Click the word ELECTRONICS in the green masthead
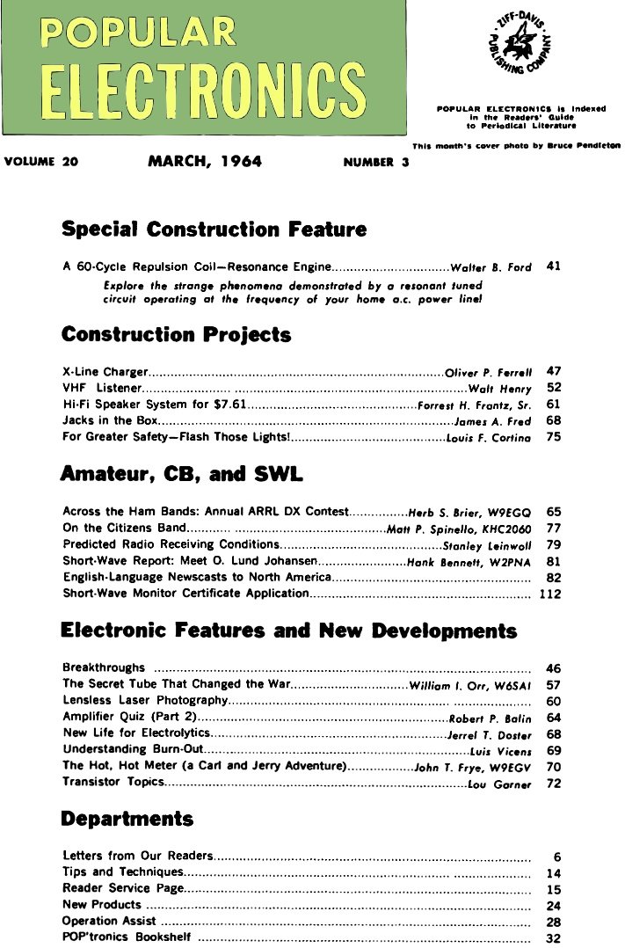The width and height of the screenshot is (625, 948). coord(204,92)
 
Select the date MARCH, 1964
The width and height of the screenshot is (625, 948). coord(205,161)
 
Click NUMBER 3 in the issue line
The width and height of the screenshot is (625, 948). coord(376,162)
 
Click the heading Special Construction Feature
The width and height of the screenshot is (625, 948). coord(214,230)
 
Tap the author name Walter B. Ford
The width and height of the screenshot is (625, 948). coord(491,267)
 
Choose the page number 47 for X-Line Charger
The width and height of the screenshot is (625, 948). coord(554,371)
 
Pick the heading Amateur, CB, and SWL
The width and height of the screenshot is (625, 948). coord(181,475)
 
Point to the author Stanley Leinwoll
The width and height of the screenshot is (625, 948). coord(487,545)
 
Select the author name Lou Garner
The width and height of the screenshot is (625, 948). coord(499,784)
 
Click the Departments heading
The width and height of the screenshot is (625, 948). coord(127,819)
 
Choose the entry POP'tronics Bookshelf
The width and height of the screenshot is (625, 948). coord(127,937)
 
